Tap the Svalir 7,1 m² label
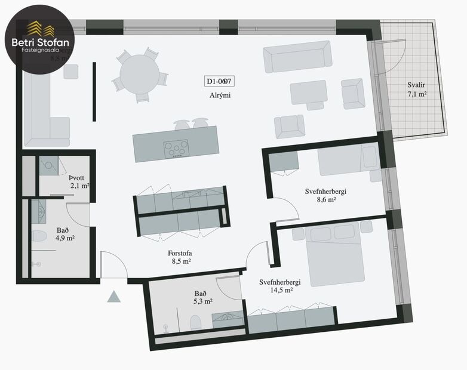417,90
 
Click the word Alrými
219,95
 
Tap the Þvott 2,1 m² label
78,181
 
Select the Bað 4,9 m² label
66,233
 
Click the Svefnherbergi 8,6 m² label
325,196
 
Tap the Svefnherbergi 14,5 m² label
279,286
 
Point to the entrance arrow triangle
114,297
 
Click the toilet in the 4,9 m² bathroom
39,236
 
